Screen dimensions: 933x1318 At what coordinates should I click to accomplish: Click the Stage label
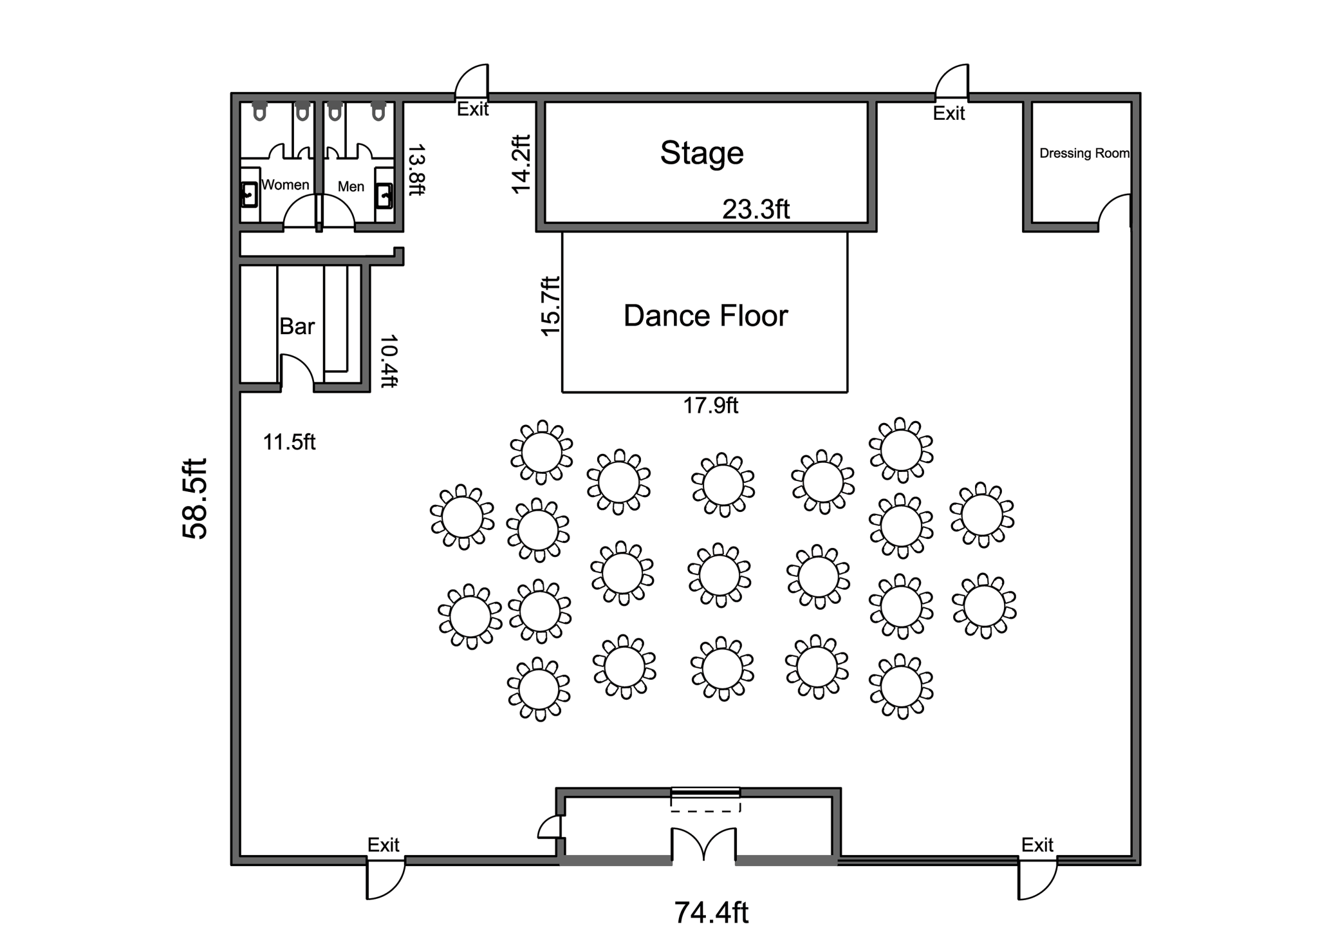click(701, 153)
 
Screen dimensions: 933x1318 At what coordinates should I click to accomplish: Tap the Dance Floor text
click(705, 316)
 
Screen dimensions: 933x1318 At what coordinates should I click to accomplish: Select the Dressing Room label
click(1084, 153)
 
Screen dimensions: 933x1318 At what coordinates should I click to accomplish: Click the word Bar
click(297, 326)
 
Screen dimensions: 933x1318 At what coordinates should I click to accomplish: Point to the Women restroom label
click(285, 185)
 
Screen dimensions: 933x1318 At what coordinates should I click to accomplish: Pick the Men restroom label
click(351, 187)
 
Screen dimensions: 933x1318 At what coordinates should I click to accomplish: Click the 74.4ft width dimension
click(711, 912)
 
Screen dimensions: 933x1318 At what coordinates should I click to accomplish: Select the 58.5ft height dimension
click(195, 498)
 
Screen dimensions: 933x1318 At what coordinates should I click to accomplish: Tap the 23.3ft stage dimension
click(756, 209)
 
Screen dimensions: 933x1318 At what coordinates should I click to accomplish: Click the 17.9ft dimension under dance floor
click(710, 406)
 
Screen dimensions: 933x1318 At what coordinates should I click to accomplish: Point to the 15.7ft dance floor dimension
click(550, 306)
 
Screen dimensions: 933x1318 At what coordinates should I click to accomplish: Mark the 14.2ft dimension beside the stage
click(521, 164)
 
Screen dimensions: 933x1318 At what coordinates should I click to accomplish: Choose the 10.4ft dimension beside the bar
click(389, 361)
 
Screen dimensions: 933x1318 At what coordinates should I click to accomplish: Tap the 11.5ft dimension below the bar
click(289, 442)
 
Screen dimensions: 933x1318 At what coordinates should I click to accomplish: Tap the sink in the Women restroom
click(249, 194)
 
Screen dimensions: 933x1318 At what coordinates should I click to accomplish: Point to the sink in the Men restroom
click(384, 195)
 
